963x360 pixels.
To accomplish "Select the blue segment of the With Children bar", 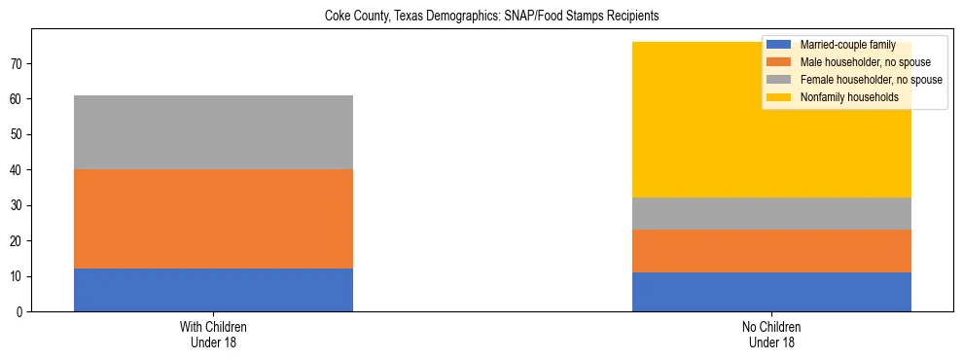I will [213, 290].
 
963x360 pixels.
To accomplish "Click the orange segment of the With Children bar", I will [213, 219].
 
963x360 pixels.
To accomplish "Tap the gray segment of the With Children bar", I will [213, 132].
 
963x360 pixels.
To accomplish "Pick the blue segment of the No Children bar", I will [771, 292].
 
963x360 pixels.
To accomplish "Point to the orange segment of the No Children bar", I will [771, 251].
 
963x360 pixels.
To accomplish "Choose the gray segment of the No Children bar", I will [771, 214].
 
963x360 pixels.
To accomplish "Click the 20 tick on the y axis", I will [18, 241].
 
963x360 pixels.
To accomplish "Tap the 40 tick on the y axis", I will [18, 170].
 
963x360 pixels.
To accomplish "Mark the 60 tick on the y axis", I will [18, 99].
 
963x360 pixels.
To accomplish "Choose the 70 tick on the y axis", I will [18, 64].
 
